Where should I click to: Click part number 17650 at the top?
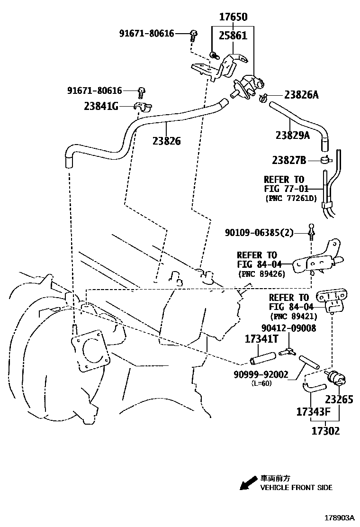point(233,17)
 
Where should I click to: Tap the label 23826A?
point(301,95)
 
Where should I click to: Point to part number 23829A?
point(292,136)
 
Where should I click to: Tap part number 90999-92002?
point(261,374)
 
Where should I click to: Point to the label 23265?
point(338,400)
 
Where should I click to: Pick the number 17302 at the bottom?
point(325,431)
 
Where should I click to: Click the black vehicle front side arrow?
point(247,483)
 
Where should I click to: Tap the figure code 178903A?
point(340,518)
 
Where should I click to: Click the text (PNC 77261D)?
point(290,198)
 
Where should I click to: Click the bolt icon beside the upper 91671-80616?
point(193,33)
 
